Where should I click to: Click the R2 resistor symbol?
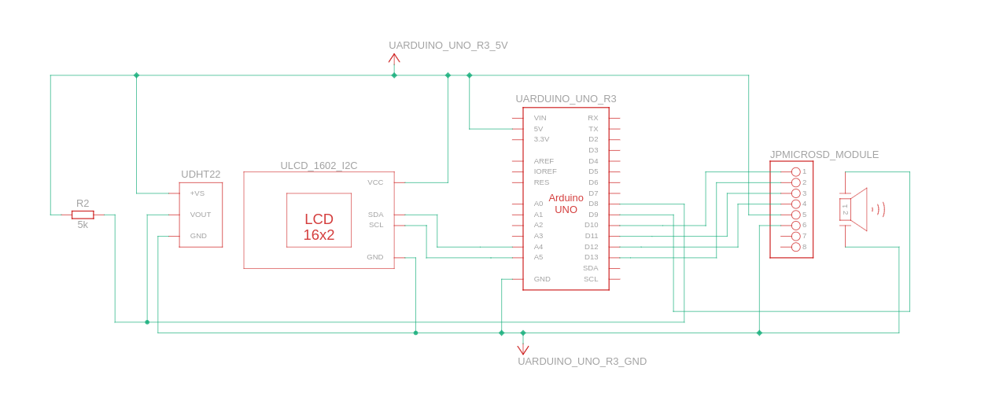tap(83, 215)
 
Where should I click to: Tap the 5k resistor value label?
tap(83, 225)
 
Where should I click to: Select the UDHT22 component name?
tap(201, 175)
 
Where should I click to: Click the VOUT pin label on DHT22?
tap(201, 215)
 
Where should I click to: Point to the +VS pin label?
tap(197, 193)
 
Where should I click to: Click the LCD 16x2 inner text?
tap(319, 227)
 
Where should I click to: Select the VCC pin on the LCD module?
tap(375, 182)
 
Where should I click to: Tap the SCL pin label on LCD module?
tap(376, 225)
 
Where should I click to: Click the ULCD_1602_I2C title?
tap(319, 166)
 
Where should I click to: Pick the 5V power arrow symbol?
tap(394, 58)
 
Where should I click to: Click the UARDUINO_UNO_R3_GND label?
tap(581, 362)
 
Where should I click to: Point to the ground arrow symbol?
tap(523, 349)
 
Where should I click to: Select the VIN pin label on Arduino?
tap(540, 118)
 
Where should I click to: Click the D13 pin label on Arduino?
tap(591, 257)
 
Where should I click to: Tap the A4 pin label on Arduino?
tap(538, 247)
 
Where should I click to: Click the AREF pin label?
tap(544, 161)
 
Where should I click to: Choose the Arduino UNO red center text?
tap(566, 204)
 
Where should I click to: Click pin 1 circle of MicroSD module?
tap(795, 171)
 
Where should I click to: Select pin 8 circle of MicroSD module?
tap(795, 247)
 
